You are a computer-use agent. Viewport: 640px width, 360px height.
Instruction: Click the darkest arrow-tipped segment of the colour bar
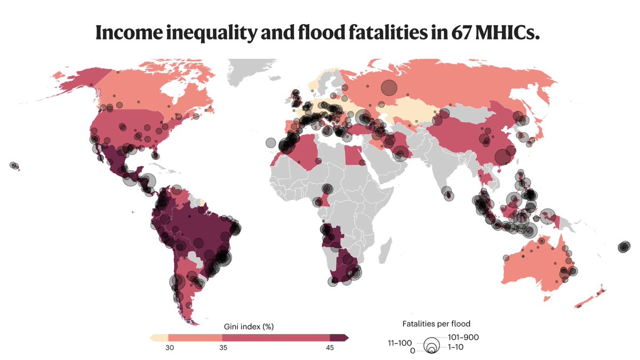click(339, 338)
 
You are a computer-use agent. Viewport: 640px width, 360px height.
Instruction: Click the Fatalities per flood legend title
click(436, 324)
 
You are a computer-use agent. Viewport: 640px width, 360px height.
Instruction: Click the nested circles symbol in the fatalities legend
click(430, 346)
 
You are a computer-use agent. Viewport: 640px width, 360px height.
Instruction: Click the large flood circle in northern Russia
click(389, 87)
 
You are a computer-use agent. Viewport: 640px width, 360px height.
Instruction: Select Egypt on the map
click(353, 157)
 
